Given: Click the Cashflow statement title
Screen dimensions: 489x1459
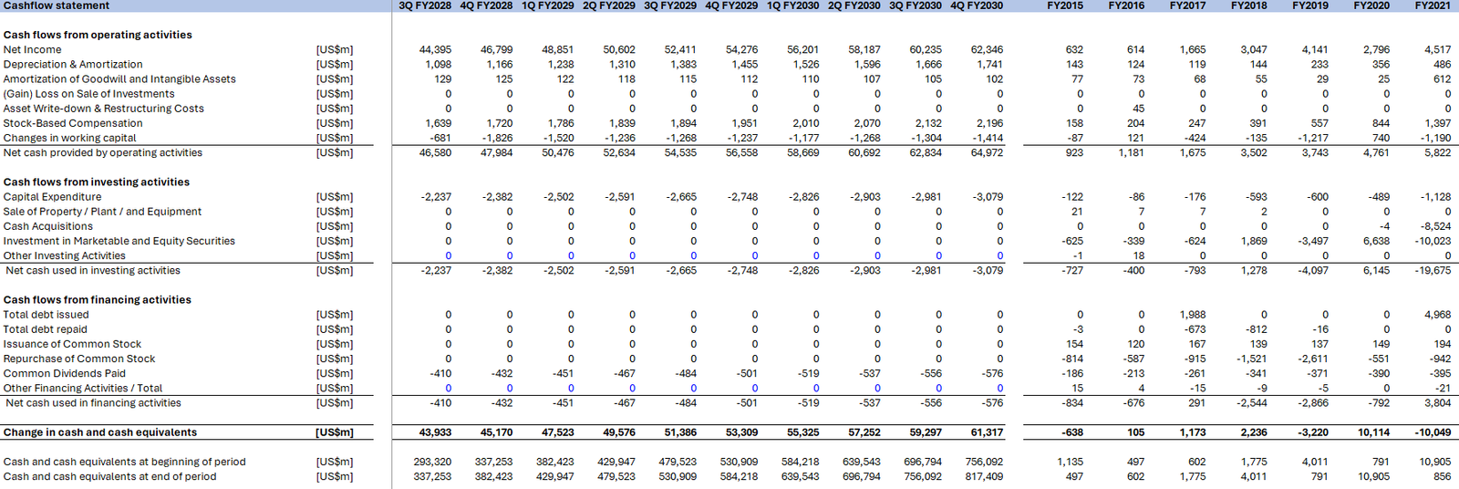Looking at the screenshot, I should coord(57,5).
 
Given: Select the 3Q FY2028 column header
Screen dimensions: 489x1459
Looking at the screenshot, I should coord(425,5).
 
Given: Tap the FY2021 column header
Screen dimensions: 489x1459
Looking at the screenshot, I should coord(1432,5).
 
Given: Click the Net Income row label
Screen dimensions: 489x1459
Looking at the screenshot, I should coord(33,50).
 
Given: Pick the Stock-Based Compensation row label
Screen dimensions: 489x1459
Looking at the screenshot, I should coord(73,123).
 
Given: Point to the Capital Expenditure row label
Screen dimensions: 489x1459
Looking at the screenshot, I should coord(53,197).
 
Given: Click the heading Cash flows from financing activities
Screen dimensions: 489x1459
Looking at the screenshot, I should coord(98,300).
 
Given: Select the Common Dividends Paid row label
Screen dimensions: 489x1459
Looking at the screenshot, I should coord(65,373).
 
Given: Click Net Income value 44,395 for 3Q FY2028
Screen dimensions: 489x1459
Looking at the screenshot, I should coord(435,50).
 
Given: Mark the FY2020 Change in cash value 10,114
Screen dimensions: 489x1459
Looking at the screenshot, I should coord(1372,432).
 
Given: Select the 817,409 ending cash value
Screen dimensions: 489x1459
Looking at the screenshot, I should coord(984,476).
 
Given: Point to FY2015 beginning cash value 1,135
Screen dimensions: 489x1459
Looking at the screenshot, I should coord(1070,462).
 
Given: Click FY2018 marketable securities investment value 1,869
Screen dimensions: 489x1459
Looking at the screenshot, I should coord(1254,241).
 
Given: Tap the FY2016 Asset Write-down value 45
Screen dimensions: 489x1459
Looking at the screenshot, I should coord(1138,109).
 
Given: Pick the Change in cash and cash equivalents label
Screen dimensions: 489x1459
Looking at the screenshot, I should coord(100,432).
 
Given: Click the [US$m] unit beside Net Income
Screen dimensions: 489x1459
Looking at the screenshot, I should coord(335,50).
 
